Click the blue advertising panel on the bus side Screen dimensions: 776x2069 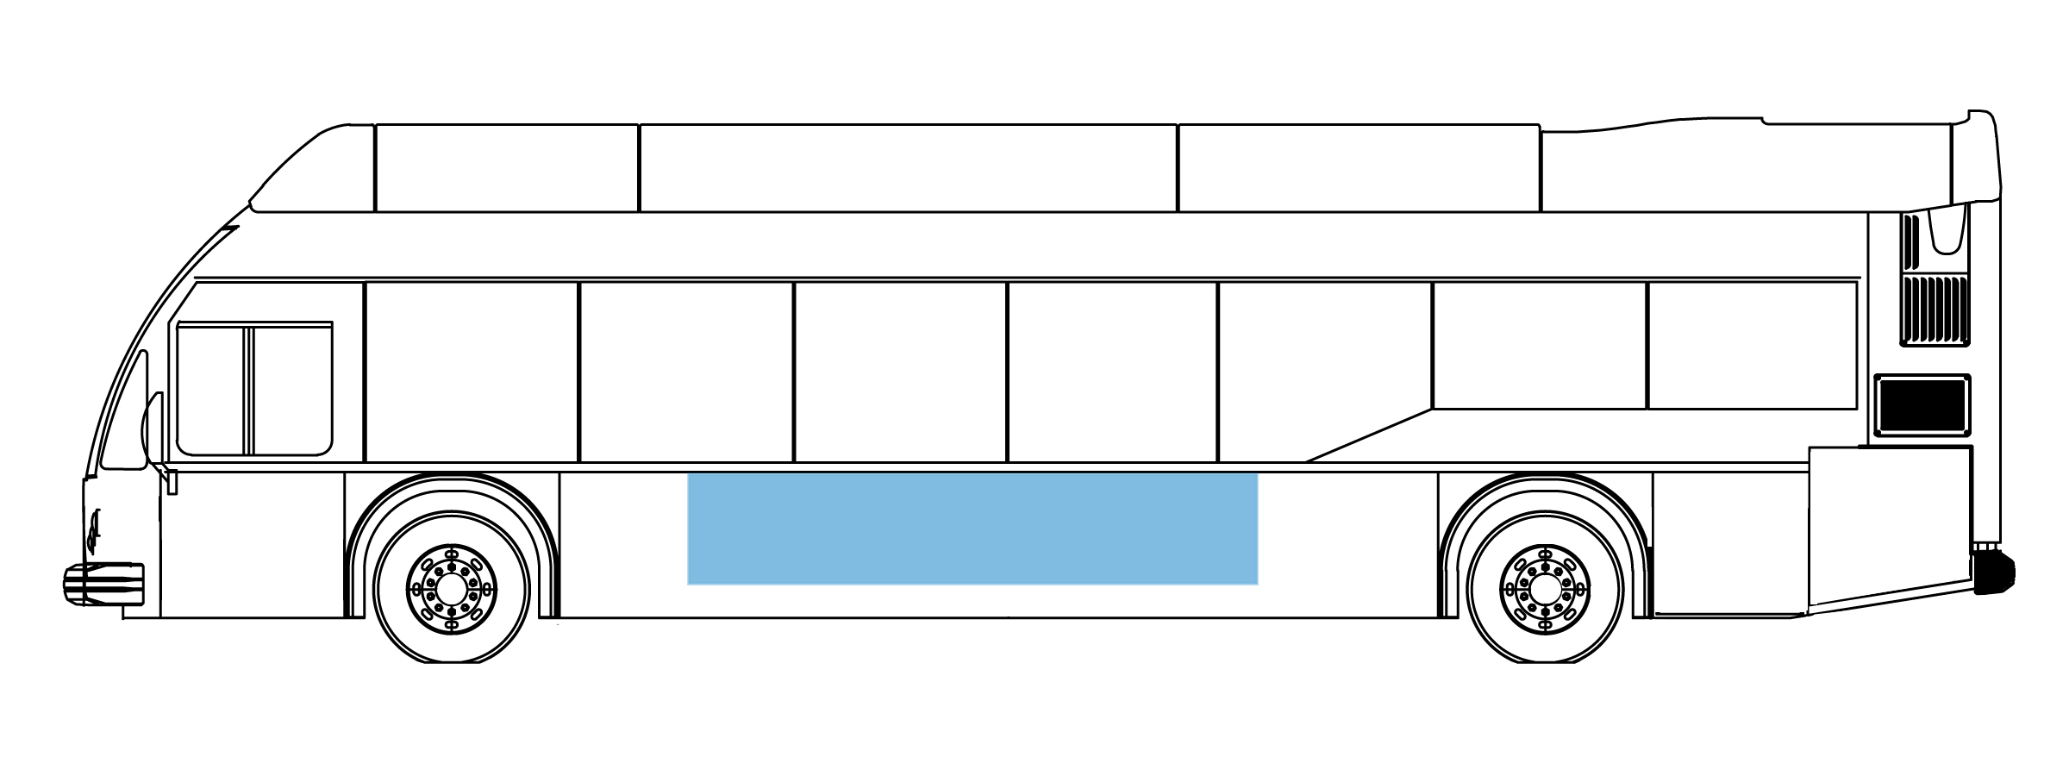tap(972, 528)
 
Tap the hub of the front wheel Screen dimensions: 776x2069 tap(451, 589)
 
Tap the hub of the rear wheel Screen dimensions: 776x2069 tap(1545, 589)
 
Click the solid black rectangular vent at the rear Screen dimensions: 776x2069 tap(1922, 404)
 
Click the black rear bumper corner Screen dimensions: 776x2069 tap(1994, 574)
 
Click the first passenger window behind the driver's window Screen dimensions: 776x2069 tap(472, 371)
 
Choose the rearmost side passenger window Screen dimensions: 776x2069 tap(1752, 345)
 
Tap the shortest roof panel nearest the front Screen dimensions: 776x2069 tap(507, 168)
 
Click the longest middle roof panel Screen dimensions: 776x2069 tap(908, 168)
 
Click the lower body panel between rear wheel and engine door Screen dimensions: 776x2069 tap(1729, 543)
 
